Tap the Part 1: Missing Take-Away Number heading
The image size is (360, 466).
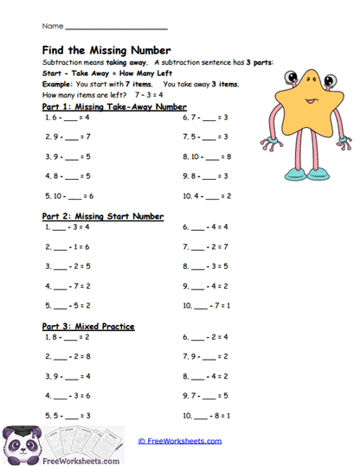[x=113, y=107]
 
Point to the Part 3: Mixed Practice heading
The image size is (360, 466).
[x=87, y=326]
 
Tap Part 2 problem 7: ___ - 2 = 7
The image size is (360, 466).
[x=206, y=246]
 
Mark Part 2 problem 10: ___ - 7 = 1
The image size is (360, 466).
[x=206, y=305]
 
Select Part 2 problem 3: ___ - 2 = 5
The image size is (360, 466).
[x=68, y=265]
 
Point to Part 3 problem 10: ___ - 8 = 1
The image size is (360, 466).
[x=206, y=415]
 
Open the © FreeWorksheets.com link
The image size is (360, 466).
[x=180, y=441]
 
